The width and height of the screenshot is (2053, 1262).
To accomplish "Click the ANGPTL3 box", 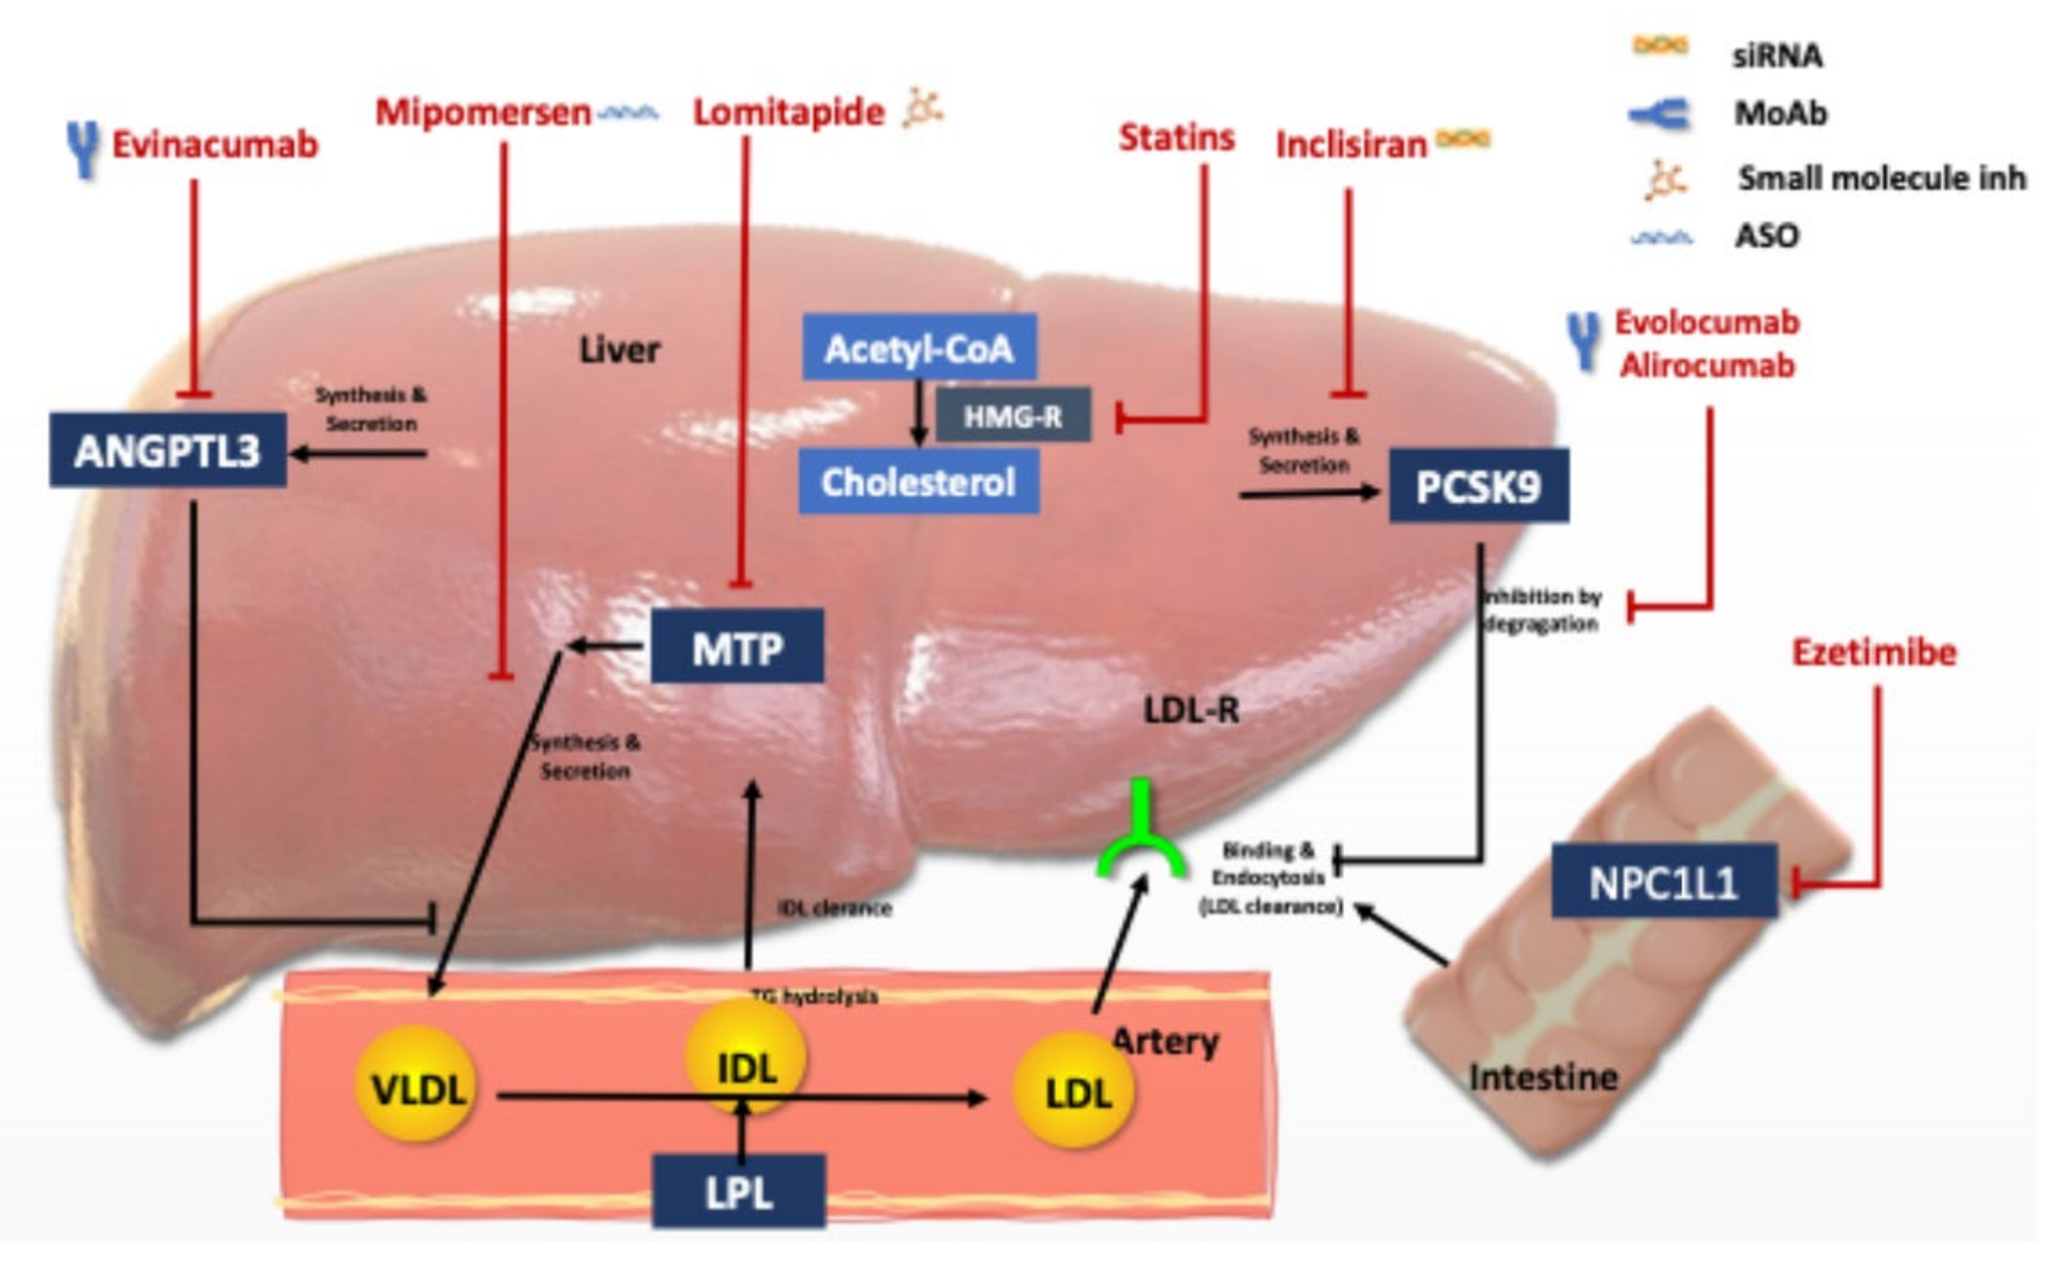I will click(x=167, y=451).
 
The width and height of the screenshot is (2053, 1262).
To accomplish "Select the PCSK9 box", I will click(x=1478, y=487).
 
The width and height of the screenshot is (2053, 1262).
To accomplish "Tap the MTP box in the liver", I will click(x=737, y=647).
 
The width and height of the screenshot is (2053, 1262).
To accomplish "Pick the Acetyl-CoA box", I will click(x=918, y=348).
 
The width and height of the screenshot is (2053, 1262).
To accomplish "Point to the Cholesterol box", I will click(x=918, y=482).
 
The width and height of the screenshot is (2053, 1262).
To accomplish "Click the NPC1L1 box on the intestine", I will click(x=1663, y=882).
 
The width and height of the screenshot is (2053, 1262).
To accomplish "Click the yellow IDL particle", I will click(x=746, y=1064).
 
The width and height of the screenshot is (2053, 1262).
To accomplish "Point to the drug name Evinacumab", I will click(x=215, y=145).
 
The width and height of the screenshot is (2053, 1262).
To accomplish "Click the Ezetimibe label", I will click(x=1874, y=653).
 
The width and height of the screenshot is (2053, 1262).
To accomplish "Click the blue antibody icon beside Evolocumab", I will click(x=1583, y=340).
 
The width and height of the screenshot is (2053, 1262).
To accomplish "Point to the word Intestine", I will click(x=1543, y=1077).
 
